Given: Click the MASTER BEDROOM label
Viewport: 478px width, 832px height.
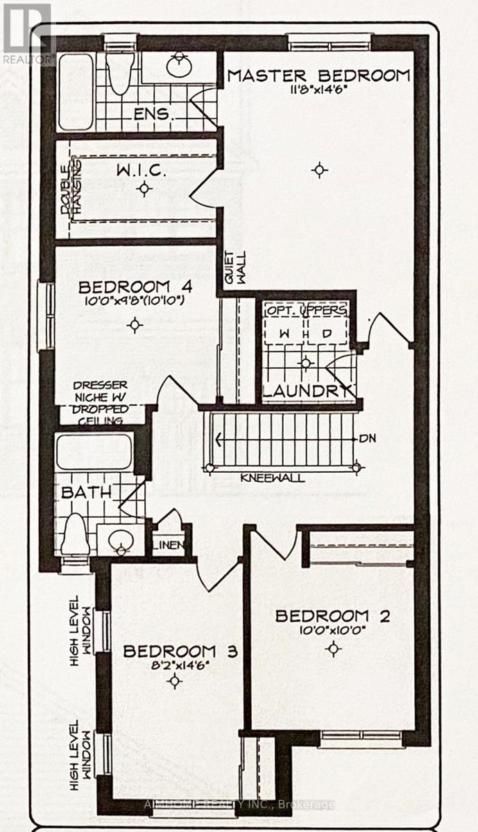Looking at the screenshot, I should (318, 76).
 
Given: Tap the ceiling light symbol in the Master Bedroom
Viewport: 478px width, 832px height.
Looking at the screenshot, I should (318, 169).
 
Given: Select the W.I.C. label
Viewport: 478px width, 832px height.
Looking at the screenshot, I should (142, 169).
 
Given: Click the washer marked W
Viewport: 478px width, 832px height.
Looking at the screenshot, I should (283, 333).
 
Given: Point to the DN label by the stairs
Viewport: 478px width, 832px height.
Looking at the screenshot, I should (368, 439).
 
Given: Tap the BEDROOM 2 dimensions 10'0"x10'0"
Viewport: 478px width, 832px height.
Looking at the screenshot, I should (332, 631).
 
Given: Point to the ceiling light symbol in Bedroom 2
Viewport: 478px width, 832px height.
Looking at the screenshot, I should (334, 649).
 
